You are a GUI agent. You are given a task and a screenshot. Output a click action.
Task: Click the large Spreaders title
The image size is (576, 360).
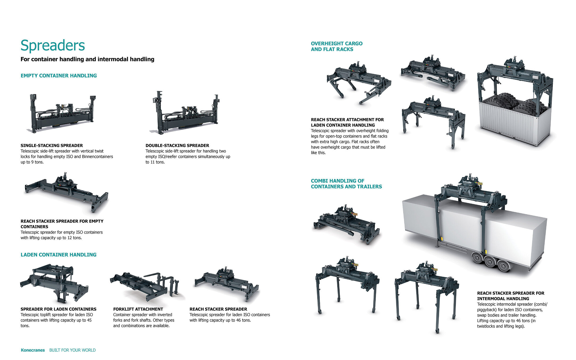[52, 45]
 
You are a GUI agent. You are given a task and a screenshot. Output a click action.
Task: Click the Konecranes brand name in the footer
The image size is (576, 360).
[32, 350]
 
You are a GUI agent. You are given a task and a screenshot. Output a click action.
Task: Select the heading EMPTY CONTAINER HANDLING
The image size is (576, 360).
[59, 76]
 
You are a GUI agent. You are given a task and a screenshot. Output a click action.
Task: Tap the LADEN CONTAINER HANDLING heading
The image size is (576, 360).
[58, 255]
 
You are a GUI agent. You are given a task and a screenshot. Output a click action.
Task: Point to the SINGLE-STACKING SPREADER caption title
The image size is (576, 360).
[52, 146]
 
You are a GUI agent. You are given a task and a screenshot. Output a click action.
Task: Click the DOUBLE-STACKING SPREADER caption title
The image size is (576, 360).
[177, 146]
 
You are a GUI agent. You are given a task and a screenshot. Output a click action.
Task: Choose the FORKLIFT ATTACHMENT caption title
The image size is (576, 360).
[138, 309]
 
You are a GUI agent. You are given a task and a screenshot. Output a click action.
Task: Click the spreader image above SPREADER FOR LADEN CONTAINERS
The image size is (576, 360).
[55, 283]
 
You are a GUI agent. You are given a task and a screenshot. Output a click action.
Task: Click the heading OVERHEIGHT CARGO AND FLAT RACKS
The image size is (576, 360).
[337, 46]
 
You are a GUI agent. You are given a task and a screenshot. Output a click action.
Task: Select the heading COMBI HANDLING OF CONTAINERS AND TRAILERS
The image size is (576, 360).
[346, 184]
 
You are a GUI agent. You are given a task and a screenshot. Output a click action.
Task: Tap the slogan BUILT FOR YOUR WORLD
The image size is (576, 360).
[72, 350]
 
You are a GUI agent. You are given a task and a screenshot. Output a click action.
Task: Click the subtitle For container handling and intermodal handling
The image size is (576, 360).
[87, 59]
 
